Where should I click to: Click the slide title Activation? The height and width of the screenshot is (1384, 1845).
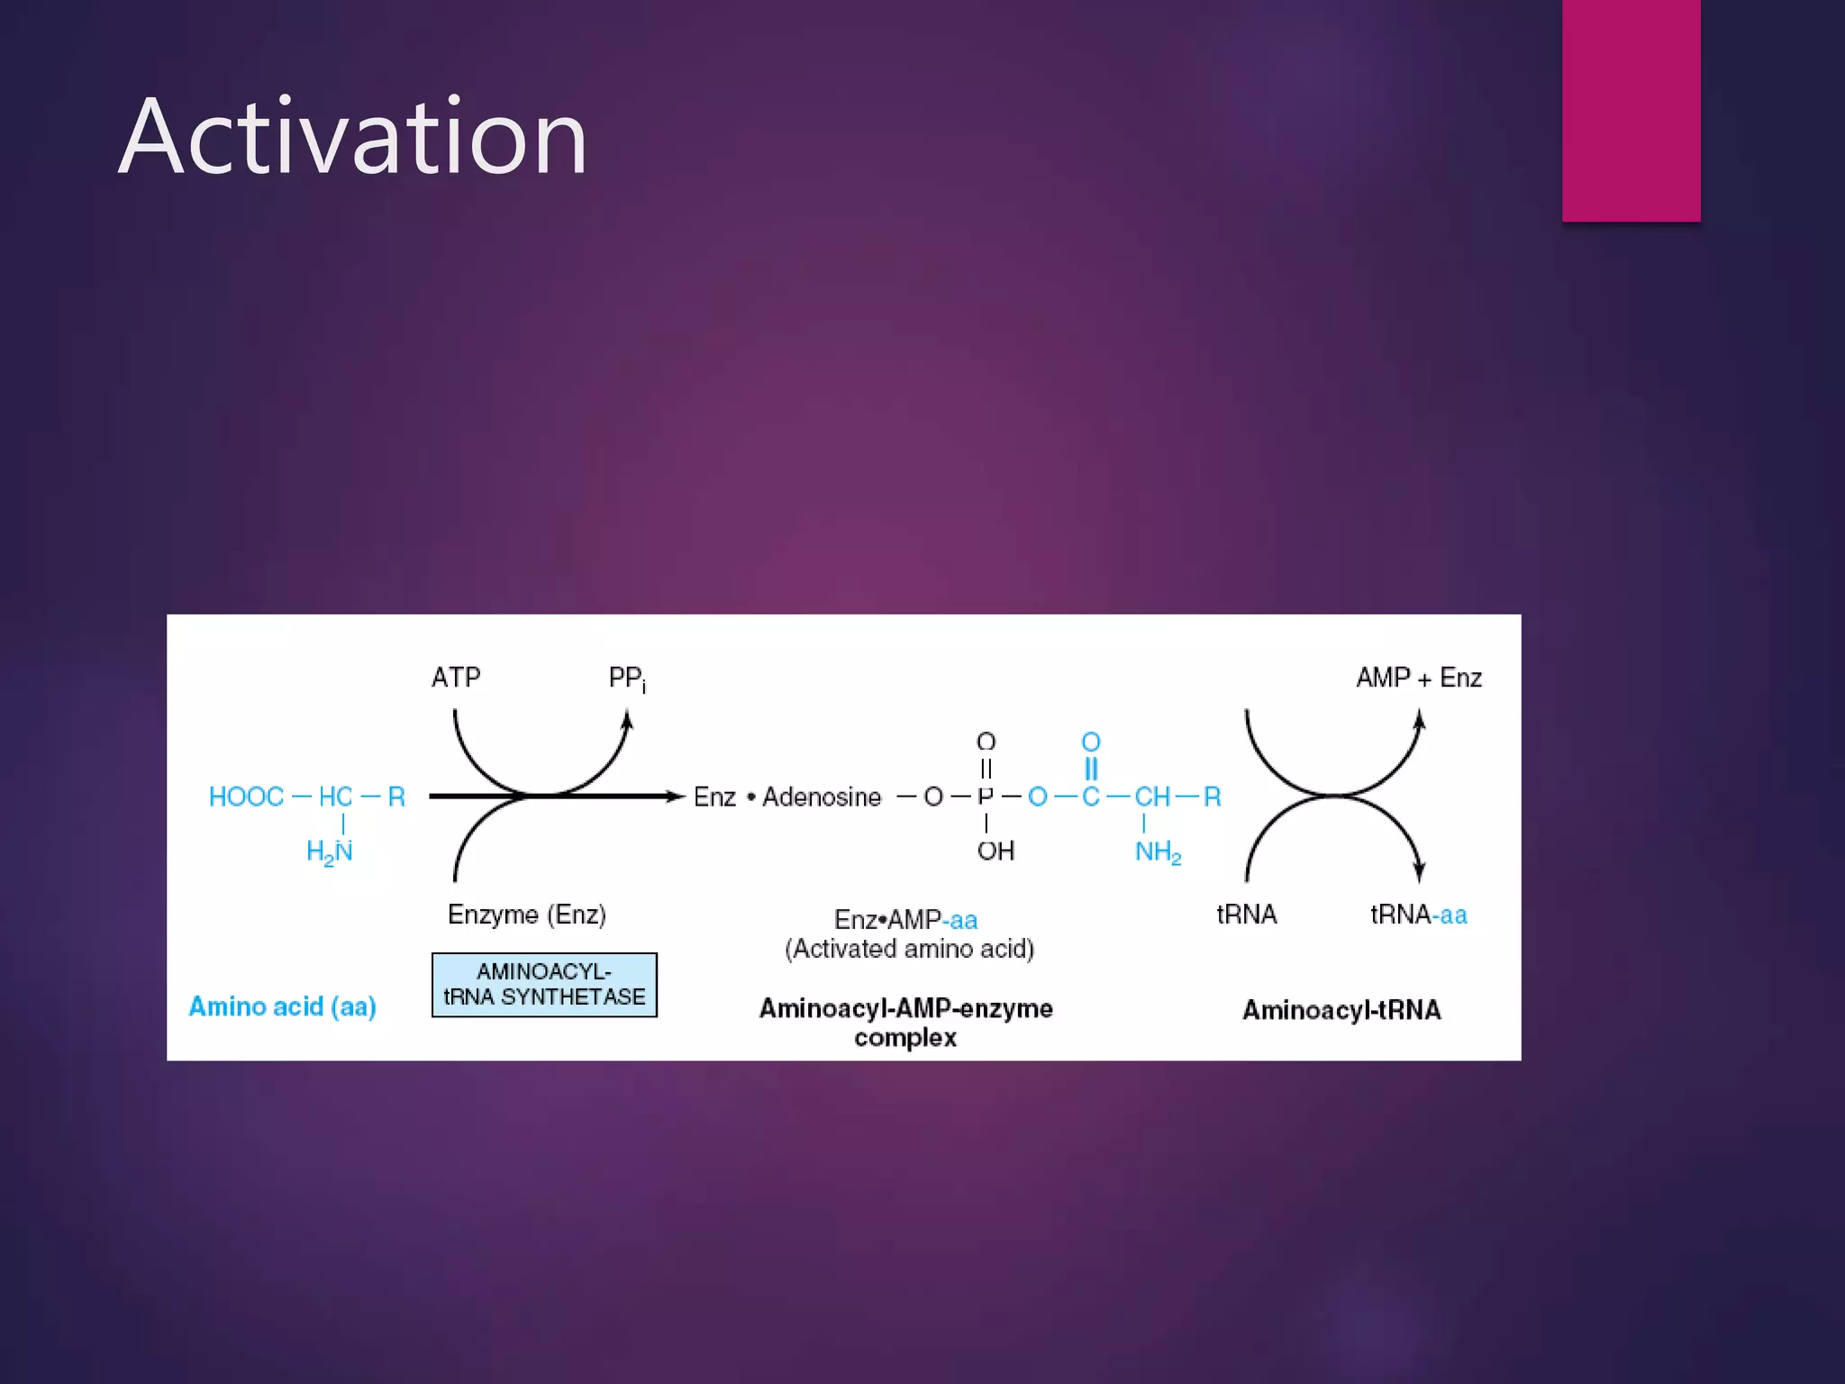click(x=353, y=137)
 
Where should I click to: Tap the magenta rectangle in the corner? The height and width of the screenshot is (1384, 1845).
click(x=1631, y=110)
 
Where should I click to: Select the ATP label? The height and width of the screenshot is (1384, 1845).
click(x=456, y=677)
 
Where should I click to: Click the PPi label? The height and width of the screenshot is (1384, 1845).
click(x=626, y=678)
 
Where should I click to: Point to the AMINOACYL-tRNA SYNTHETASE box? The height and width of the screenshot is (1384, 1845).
click(x=544, y=985)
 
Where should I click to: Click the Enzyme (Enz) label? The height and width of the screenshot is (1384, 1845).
click(x=527, y=915)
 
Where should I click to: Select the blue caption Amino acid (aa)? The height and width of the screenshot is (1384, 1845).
click(x=282, y=1006)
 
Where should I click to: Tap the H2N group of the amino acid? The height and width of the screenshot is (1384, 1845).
click(x=329, y=851)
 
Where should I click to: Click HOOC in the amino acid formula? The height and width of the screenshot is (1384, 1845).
click(x=246, y=797)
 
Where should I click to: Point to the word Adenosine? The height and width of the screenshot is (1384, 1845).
click(x=822, y=797)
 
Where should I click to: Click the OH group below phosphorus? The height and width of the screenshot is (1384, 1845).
click(x=995, y=851)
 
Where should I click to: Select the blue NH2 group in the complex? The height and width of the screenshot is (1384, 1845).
click(x=1158, y=851)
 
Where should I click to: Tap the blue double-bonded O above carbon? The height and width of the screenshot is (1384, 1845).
click(x=1091, y=742)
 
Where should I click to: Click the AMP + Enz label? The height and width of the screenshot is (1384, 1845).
click(x=1419, y=678)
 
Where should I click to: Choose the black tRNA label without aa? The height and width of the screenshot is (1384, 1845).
click(x=1247, y=915)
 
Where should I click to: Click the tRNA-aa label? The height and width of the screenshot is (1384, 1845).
click(x=1418, y=915)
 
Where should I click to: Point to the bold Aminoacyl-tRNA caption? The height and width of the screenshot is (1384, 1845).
click(x=1341, y=1010)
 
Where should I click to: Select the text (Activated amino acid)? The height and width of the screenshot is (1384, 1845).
click(x=909, y=949)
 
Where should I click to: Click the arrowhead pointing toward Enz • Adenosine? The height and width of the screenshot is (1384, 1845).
click(x=676, y=797)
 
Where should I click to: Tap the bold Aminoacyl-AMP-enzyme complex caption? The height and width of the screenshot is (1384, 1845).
click(x=905, y=1022)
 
